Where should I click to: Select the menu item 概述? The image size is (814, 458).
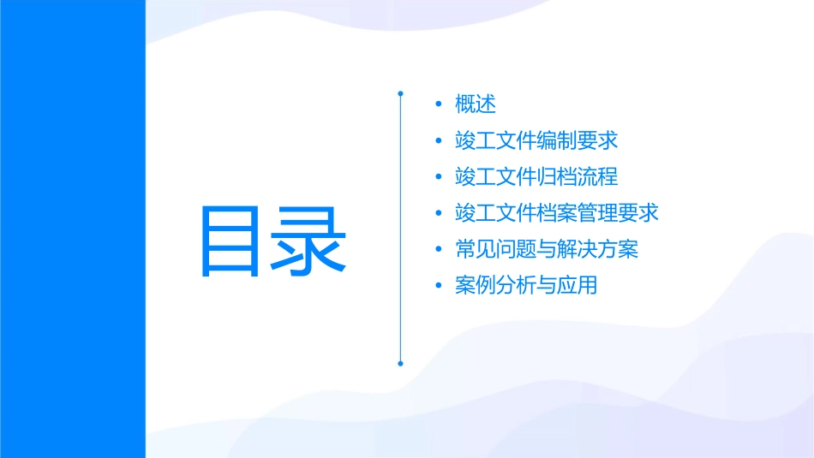pyautogui.click(x=476, y=104)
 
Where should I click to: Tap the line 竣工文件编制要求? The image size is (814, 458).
pyautogui.click(x=536, y=140)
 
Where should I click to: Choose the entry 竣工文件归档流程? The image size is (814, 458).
pyautogui.click(x=536, y=177)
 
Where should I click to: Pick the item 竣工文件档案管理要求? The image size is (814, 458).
pyautogui.click(x=557, y=213)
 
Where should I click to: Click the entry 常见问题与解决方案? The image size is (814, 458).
pyautogui.click(x=547, y=250)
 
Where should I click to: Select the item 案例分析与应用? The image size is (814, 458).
pyautogui.click(x=526, y=286)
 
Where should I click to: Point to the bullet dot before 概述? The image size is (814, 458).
pyautogui.click(x=440, y=104)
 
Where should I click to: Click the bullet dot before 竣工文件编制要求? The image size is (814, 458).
pyautogui.click(x=440, y=140)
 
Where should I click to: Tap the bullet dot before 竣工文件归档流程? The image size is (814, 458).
pyautogui.click(x=440, y=177)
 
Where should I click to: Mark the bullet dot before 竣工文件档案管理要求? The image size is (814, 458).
pyautogui.click(x=440, y=213)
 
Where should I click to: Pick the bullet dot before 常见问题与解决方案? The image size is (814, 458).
pyautogui.click(x=440, y=250)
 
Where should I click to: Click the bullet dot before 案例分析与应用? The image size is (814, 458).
pyautogui.click(x=440, y=286)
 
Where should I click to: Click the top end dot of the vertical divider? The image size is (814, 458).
pyautogui.click(x=400, y=92)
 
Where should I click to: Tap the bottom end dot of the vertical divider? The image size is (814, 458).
pyautogui.click(x=400, y=363)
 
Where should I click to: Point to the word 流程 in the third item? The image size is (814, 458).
pyautogui.click(x=598, y=177)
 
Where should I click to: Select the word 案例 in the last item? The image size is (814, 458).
pyautogui.click(x=476, y=286)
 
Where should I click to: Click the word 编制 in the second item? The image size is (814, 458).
pyautogui.click(x=557, y=140)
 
